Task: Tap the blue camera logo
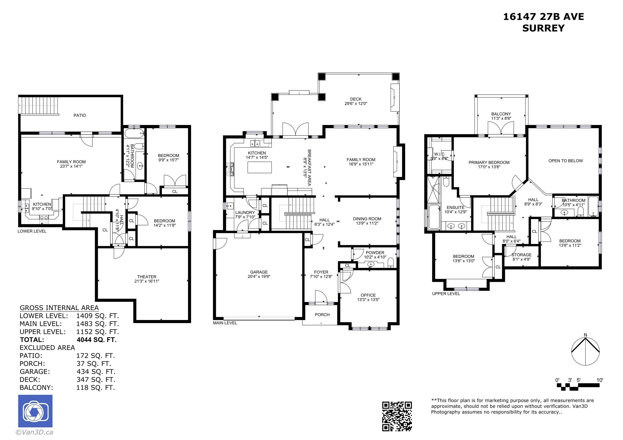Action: (35, 411)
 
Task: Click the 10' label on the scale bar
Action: (600, 380)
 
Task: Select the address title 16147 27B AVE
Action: (544, 17)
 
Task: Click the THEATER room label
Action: (147, 277)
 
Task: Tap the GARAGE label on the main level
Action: (259, 272)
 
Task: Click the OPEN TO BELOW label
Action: (565, 161)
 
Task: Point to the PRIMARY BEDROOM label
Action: (489, 162)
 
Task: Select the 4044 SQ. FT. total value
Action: (97, 340)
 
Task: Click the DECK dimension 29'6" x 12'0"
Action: (356, 103)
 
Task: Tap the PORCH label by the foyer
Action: (322, 314)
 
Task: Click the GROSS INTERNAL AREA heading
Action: (59, 308)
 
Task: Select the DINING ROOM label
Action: (367, 219)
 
